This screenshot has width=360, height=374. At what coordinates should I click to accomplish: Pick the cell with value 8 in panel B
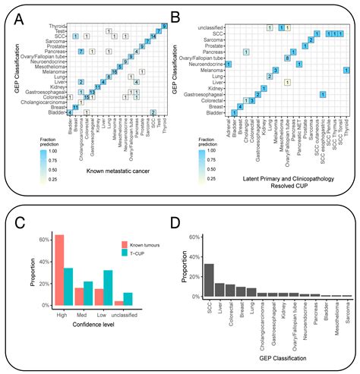[286, 58]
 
